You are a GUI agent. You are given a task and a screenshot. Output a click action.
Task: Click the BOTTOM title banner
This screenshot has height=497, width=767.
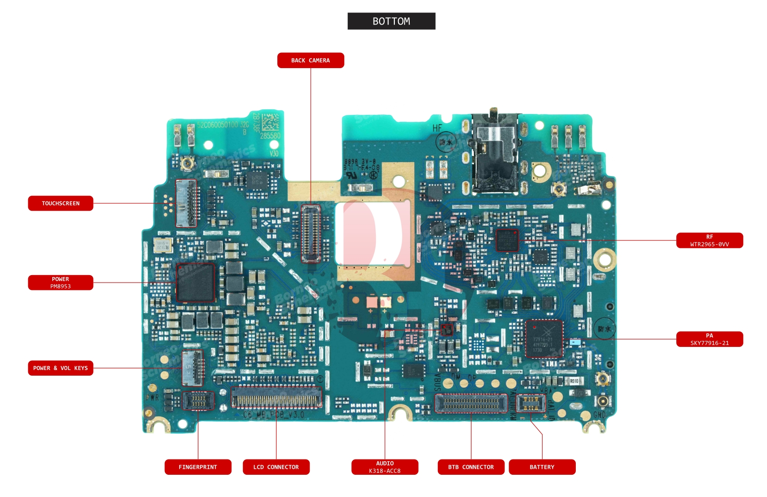(391, 21)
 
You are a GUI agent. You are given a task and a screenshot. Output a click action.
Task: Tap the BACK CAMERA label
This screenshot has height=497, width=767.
(311, 60)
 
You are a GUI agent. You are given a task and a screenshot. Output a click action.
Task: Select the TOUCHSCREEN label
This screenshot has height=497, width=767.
(61, 203)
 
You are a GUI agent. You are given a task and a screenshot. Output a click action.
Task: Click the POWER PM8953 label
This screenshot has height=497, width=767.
(61, 283)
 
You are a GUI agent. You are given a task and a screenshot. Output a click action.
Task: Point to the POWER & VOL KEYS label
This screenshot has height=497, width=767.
(61, 368)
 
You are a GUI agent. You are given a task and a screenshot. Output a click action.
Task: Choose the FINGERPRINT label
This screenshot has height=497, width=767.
(198, 467)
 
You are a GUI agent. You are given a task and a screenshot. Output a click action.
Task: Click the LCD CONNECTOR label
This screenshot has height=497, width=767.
(276, 467)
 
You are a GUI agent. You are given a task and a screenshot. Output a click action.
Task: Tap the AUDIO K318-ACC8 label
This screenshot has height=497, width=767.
(385, 467)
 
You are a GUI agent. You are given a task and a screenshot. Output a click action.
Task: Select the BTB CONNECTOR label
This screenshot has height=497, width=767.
(471, 467)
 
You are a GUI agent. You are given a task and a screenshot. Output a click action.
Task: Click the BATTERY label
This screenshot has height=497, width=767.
(542, 467)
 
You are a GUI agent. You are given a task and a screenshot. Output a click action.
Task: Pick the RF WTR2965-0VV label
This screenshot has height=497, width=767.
(709, 240)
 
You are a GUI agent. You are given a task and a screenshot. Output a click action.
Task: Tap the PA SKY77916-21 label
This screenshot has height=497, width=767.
(709, 339)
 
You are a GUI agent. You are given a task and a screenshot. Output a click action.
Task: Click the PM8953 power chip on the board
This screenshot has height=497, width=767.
(195, 283)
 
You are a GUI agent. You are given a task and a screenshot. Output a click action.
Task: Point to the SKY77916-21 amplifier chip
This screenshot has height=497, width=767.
(544, 339)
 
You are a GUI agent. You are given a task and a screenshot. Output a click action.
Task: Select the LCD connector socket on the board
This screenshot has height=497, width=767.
(276, 397)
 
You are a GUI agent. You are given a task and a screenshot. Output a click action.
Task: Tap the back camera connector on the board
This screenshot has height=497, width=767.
(311, 233)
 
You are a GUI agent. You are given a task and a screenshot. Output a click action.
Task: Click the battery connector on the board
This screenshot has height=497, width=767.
(530, 403)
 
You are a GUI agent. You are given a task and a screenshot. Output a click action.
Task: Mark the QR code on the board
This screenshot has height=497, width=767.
(271, 122)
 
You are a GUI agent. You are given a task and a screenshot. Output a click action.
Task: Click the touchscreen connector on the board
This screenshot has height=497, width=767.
(187, 203)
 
